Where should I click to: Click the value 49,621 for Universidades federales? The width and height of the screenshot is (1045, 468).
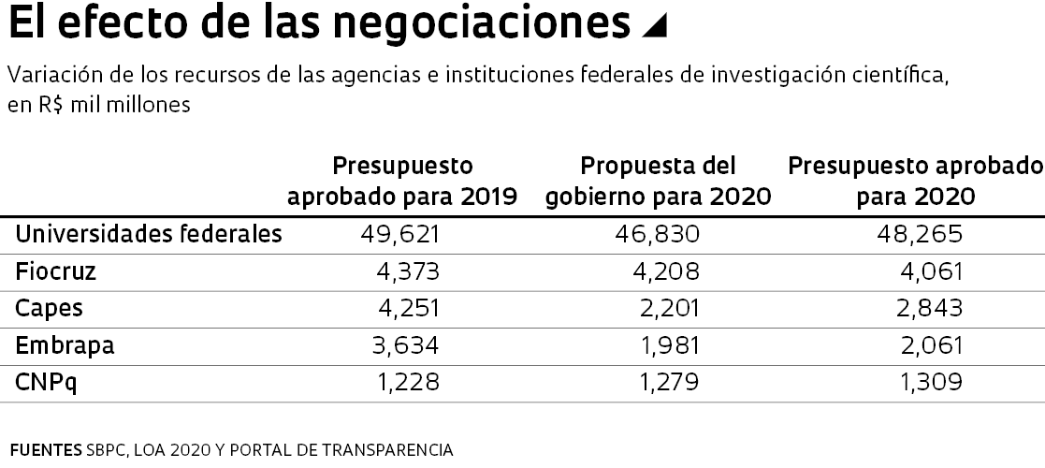[399, 234]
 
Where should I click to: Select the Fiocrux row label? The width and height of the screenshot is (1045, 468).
[56, 271]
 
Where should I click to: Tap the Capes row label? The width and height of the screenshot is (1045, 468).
[50, 308]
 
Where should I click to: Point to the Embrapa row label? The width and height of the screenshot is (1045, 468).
[65, 344]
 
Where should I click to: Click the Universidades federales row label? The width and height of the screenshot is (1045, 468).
[149, 234]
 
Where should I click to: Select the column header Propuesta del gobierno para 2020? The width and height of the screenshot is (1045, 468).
[659, 182]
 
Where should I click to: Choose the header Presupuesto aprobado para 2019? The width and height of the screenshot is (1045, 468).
[402, 182]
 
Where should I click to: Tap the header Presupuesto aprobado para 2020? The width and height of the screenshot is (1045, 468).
[915, 182]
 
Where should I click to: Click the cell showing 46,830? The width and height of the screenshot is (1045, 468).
[660, 234]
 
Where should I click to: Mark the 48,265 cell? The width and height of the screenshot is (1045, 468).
[922, 234]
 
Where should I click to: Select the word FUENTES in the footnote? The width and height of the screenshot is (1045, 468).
[45, 450]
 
